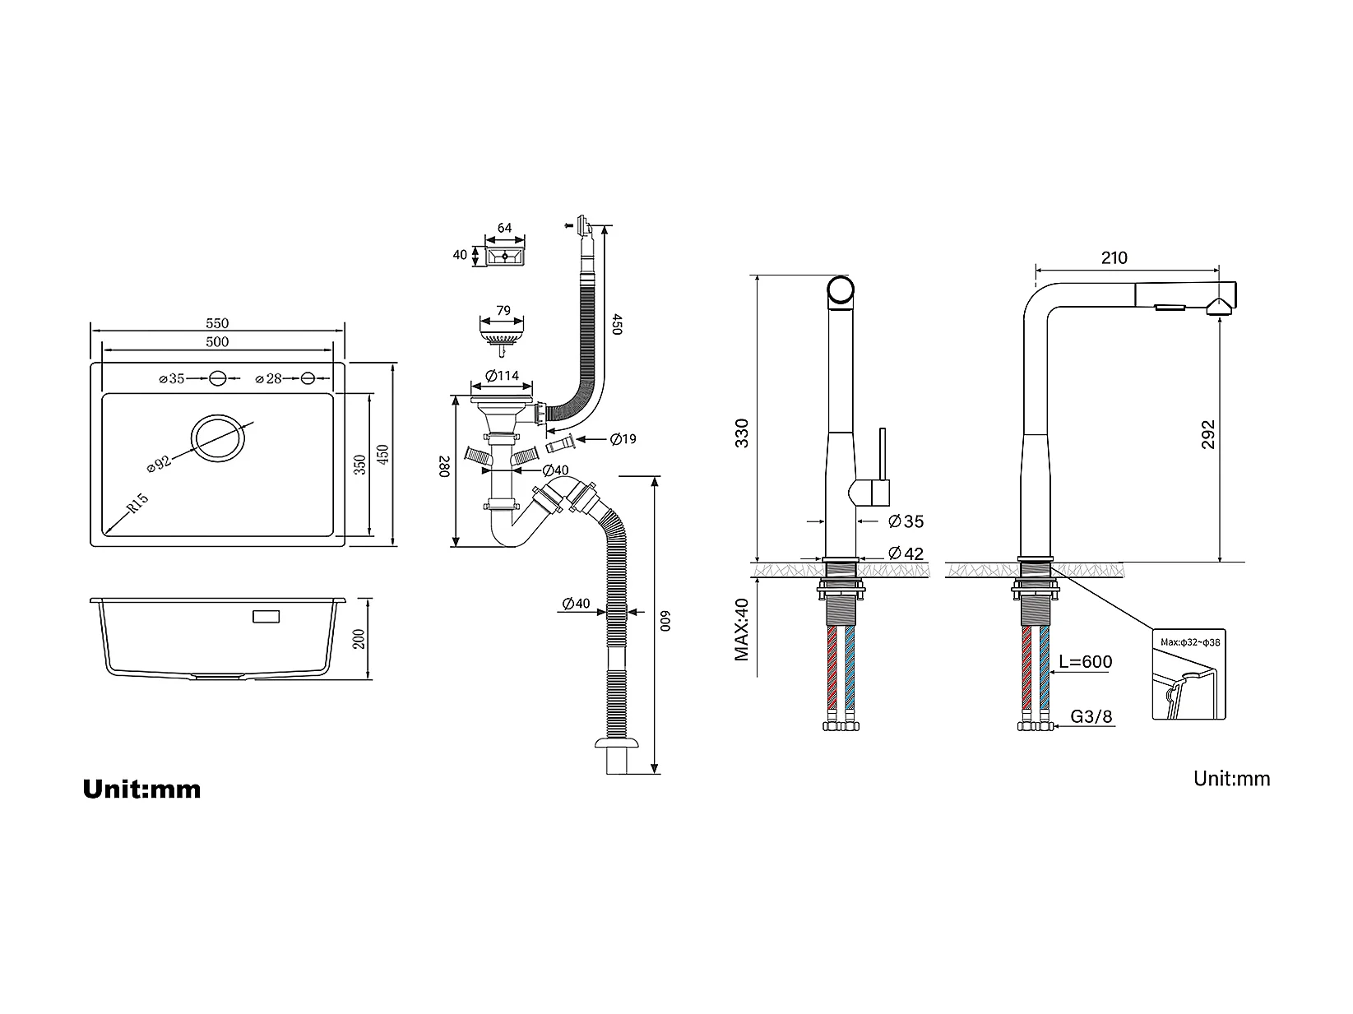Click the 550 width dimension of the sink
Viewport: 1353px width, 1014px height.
pyautogui.click(x=217, y=323)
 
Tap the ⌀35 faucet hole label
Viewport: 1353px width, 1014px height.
pyautogui.click(x=172, y=379)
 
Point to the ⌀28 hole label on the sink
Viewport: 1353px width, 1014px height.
pyautogui.click(x=269, y=379)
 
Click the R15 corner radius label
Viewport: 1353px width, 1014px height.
pyautogui.click(x=138, y=502)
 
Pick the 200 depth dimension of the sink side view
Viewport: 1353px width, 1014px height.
pyautogui.click(x=359, y=639)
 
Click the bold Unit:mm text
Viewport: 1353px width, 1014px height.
pyautogui.click(x=141, y=789)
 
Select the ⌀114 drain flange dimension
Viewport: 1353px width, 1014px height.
pyautogui.click(x=502, y=376)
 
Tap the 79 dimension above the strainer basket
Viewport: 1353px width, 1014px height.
pyautogui.click(x=503, y=311)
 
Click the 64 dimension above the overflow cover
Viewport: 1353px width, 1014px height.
pyautogui.click(x=505, y=228)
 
